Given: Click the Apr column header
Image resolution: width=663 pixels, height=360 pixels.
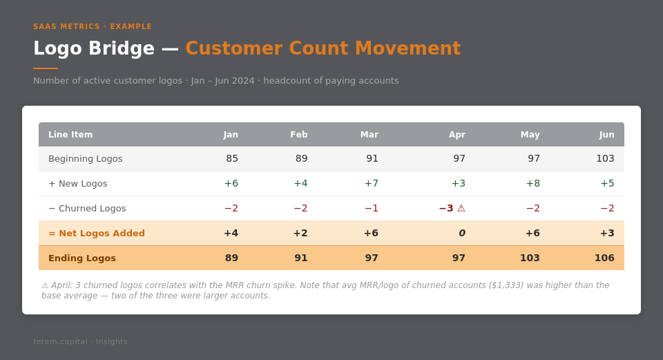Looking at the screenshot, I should [457, 135].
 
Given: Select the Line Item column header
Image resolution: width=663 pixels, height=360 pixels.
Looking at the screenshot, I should [70, 135].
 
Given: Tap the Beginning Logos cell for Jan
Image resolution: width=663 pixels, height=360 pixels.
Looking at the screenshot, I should [232, 158].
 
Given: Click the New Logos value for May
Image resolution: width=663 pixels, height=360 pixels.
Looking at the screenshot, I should [532, 183].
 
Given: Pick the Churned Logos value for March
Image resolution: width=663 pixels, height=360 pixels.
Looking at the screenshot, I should [372, 208].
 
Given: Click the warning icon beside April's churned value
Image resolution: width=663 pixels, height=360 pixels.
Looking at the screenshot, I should [461, 208].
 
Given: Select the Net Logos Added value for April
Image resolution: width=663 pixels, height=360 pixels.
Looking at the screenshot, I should [462, 233].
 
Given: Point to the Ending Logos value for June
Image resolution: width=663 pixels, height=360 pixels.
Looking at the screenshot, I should [604, 258].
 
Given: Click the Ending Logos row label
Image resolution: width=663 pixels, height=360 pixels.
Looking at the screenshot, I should [82, 258].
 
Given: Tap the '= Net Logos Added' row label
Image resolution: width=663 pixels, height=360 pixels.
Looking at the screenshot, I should [97, 233].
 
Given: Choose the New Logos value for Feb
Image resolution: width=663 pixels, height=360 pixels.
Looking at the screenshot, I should [300, 183].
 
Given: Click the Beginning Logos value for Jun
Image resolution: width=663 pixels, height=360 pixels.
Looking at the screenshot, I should [605, 158].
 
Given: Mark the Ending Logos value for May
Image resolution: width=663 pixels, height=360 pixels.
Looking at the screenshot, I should [530, 258].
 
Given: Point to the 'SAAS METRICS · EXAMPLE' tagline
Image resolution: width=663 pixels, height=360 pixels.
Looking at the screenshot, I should [93, 27].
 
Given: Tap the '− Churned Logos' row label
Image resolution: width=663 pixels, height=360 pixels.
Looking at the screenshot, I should [87, 208].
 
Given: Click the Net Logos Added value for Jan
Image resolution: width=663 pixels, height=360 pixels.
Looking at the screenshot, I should [231, 233].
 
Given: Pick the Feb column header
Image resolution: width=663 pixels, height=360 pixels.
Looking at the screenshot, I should [298, 135].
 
